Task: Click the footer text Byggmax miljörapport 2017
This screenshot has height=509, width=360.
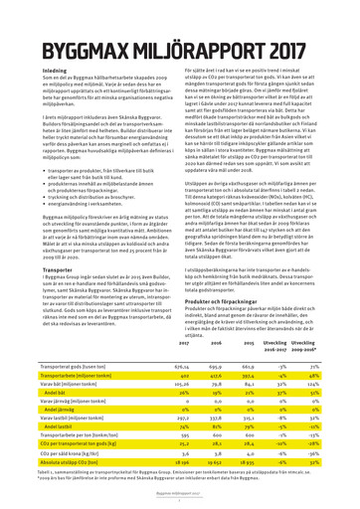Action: [x=180, y=493]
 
